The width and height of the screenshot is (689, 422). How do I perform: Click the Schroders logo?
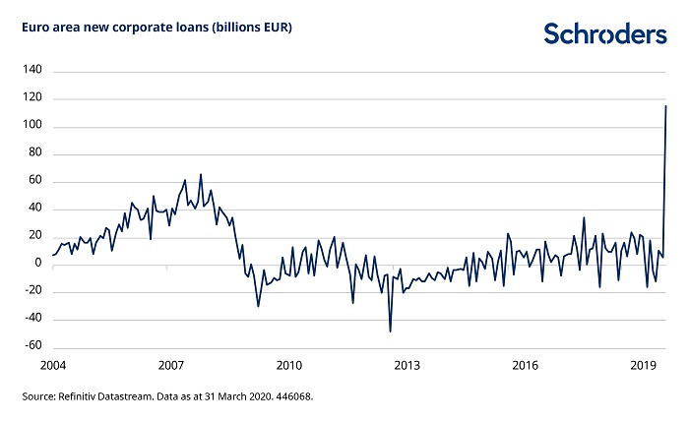pyautogui.click(x=604, y=33)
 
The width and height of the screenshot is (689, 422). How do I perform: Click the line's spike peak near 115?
pyautogui.click(x=666, y=106)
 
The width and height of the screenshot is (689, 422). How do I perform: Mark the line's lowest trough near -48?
pyautogui.click(x=391, y=331)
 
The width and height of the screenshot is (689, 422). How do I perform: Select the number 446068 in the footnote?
pyautogui.click(x=293, y=397)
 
